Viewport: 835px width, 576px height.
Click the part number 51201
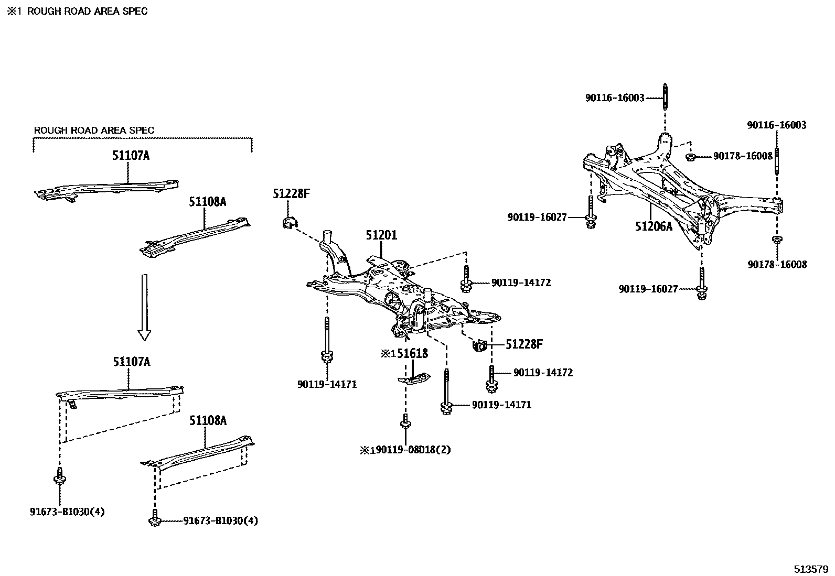[381, 236]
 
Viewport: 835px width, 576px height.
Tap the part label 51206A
[653, 226]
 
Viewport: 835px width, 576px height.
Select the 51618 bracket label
[412, 354]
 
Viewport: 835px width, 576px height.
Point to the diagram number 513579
[810, 569]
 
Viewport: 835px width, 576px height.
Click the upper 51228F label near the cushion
[291, 194]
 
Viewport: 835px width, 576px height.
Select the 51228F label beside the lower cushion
[524, 344]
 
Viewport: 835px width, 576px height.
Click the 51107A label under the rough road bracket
[131, 155]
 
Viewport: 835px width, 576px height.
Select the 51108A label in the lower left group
[208, 420]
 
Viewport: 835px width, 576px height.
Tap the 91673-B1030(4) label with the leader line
[220, 521]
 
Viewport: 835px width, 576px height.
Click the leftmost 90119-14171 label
[327, 384]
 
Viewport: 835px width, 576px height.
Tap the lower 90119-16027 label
[648, 289]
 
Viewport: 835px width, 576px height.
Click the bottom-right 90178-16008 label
[777, 264]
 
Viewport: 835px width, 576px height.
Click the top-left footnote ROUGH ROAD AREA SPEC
[87, 11]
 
